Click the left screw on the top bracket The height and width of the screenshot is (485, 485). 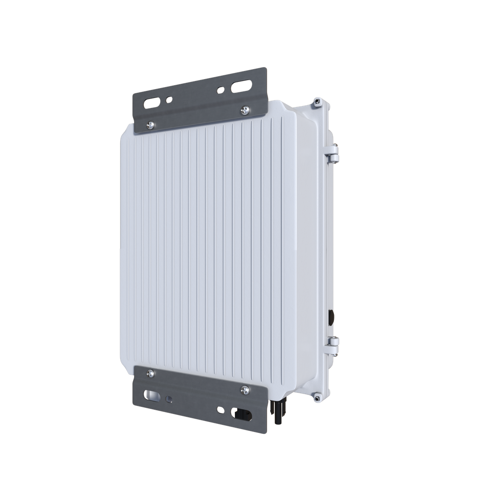[x=150, y=125]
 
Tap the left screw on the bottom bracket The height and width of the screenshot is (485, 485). [x=150, y=374]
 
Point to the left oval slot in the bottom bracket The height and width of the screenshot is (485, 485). [x=153, y=394]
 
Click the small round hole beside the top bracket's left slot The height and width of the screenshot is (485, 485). [x=170, y=100]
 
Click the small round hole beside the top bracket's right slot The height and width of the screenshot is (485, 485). [x=220, y=89]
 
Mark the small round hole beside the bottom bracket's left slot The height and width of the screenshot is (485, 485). [x=170, y=398]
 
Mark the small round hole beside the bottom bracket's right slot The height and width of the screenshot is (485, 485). [x=220, y=409]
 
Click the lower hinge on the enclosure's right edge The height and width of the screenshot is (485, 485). [x=333, y=344]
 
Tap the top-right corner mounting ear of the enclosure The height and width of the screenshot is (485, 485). [x=316, y=101]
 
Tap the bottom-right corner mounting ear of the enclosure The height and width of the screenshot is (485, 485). [x=316, y=399]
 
